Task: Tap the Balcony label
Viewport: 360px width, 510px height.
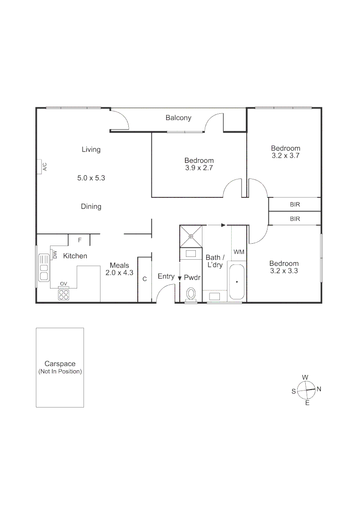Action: [x=178, y=118]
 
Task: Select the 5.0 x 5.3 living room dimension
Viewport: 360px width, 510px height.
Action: [x=91, y=178]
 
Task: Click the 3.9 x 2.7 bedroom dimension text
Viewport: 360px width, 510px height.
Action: [x=199, y=168]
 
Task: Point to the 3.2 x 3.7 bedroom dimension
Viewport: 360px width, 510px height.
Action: [x=285, y=155]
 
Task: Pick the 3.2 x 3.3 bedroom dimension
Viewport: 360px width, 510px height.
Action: [x=284, y=271]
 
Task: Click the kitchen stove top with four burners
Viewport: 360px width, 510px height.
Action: [x=63, y=295]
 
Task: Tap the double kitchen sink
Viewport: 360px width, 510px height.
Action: [x=44, y=267]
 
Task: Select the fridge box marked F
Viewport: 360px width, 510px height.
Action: [x=79, y=240]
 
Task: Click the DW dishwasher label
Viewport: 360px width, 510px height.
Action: [x=55, y=255]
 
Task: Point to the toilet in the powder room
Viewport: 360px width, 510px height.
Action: [x=191, y=294]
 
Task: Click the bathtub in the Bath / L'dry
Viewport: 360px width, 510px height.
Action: [x=236, y=282]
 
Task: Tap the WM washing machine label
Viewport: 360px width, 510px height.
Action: [x=239, y=252]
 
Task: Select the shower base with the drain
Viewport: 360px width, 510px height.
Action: [x=191, y=236]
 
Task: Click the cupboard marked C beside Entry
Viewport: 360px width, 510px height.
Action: [x=144, y=279]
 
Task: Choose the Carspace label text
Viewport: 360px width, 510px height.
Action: [x=60, y=364]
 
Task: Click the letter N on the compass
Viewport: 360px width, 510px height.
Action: [x=319, y=389]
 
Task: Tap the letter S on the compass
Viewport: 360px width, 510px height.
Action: [x=293, y=391]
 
